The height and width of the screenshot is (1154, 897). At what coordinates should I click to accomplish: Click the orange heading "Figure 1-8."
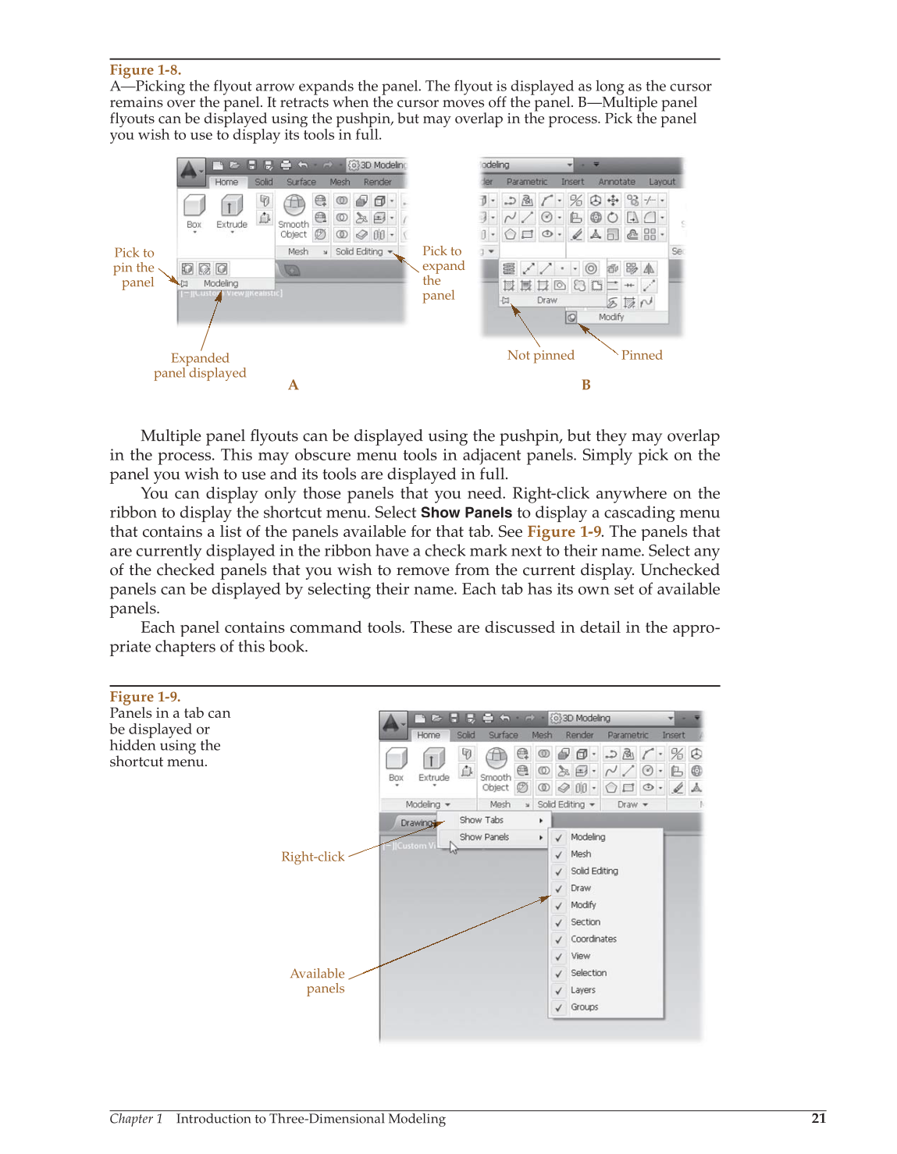pos(145,69)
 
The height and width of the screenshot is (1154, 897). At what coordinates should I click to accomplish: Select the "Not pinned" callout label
pos(540,355)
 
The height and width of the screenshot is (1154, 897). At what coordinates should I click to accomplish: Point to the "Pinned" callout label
pos(641,355)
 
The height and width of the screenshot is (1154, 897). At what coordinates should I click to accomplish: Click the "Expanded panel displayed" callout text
pos(200,365)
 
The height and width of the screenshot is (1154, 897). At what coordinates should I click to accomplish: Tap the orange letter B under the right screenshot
pos(586,385)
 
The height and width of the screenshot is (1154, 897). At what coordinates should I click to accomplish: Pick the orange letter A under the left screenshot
pos(293,385)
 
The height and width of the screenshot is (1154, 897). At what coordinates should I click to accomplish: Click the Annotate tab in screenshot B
pos(616,182)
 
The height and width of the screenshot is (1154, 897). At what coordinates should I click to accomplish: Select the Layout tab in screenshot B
pos(661,182)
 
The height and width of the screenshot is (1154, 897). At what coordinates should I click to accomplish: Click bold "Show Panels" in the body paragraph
pos(466,513)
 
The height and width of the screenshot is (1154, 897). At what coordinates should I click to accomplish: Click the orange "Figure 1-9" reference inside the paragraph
pos(564,531)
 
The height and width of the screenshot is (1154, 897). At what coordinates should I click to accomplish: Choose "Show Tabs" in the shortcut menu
pos(481,820)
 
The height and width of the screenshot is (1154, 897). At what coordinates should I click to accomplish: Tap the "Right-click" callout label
pos(312,857)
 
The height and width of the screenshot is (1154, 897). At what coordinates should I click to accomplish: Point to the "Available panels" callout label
pos(317,981)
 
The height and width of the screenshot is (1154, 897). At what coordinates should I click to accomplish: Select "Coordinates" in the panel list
pos(593,939)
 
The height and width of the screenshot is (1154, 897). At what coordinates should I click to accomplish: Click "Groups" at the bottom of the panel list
pos(584,1007)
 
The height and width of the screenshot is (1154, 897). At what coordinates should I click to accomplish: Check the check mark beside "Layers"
pos(559,991)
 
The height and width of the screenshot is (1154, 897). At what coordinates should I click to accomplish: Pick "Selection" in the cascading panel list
pos(588,973)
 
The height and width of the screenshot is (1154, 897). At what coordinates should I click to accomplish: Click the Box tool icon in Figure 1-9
pos(397,758)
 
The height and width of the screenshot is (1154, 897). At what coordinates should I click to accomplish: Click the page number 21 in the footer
pos(818,1118)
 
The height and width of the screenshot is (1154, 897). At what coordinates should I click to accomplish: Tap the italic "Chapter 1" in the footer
pos(136,1119)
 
